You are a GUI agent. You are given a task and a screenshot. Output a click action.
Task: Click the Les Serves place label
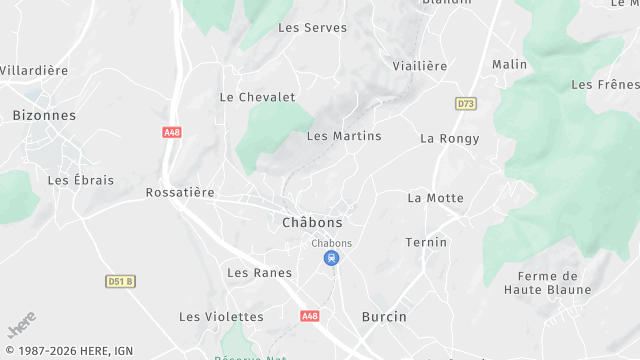click(312, 28)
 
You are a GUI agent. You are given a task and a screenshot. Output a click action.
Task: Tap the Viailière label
click(419, 66)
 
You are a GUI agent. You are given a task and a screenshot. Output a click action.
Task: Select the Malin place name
click(509, 64)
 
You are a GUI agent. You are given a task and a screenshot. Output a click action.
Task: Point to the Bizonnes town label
click(44, 116)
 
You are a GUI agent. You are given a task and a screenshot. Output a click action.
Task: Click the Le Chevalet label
click(257, 97)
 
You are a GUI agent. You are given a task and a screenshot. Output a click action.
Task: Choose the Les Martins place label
click(344, 136)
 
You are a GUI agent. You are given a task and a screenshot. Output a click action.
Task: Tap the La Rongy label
click(449, 139)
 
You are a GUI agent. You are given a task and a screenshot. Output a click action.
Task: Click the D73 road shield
click(466, 103)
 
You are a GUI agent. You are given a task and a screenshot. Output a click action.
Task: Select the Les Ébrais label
click(81, 181)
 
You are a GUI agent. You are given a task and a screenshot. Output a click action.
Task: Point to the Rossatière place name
click(180, 192)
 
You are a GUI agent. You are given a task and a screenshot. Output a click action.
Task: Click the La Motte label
click(435, 198)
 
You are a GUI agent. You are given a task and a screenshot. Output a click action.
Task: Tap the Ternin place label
click(426, 243)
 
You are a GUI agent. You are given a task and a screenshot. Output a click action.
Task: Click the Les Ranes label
click(259, 273)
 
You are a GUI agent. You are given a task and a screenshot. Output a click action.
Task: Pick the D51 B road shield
click(120, 282)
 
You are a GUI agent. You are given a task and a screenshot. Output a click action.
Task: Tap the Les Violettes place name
click(221, 317)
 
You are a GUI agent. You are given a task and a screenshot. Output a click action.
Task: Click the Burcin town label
click(384, 317)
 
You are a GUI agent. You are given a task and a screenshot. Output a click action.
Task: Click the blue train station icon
click(331, 258)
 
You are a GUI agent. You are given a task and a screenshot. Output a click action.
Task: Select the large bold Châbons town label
click(312, 223)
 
